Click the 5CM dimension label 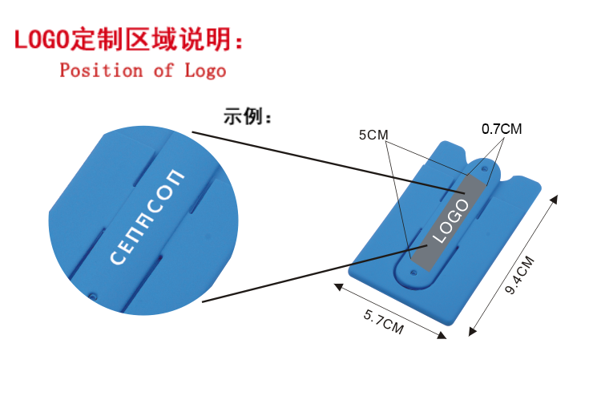[x=373, y=135]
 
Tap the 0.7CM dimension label [x=502, y=128]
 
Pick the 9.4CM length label [x=519, y=277]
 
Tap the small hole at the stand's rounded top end [x=486, y=169]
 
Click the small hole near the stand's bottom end [x=413, y=272]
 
